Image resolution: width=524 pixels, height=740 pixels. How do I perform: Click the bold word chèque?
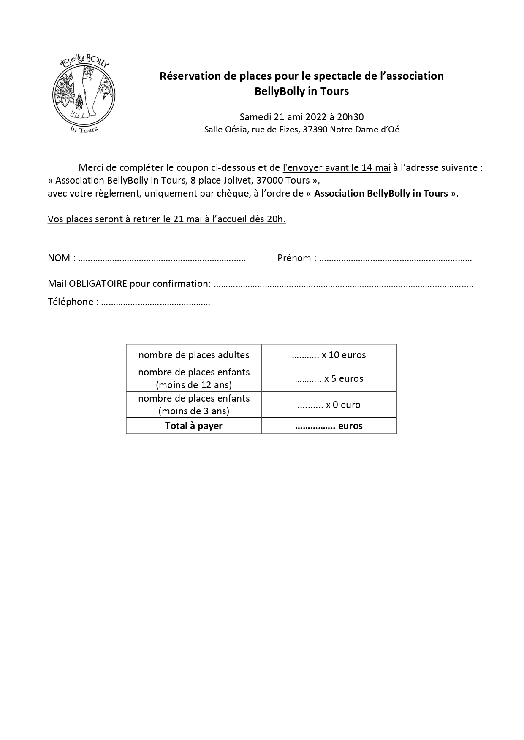(232, 194)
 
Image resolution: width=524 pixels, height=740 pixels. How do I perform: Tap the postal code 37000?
(270, 181)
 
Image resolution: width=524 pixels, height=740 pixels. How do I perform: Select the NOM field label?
(60, 258)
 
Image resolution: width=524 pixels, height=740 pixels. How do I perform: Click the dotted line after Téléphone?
(156, 302)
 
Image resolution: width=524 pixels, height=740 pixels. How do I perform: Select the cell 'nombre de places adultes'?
(194, 355)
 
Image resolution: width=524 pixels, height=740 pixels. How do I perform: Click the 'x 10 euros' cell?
(329, 355)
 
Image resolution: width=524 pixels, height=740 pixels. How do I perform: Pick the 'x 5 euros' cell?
(329, 379)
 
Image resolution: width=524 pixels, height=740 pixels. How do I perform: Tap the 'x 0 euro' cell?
(329, 405)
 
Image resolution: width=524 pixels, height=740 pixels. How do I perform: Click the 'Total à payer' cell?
(194, 426)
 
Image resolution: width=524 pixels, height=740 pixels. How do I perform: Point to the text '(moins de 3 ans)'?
(194, 411)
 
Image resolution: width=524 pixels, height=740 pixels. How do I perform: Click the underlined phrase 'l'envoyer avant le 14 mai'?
(336, 168)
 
